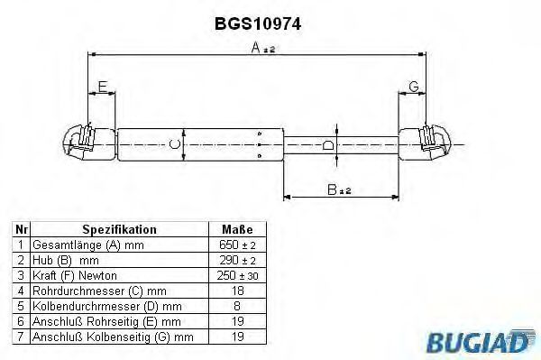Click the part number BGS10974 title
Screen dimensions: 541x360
(x=258, y=23)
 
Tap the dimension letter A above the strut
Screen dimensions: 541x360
(x=256, y=48)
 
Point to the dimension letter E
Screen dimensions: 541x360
(x=103, y=87)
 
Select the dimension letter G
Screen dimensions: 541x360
(x=414, y=87)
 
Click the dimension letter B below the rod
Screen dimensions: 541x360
(x=332, y=189)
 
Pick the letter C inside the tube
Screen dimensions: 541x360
(x=175, y=144)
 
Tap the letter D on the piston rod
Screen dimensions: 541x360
(x=328, y=145)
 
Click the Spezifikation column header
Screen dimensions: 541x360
(x=119, y=229)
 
